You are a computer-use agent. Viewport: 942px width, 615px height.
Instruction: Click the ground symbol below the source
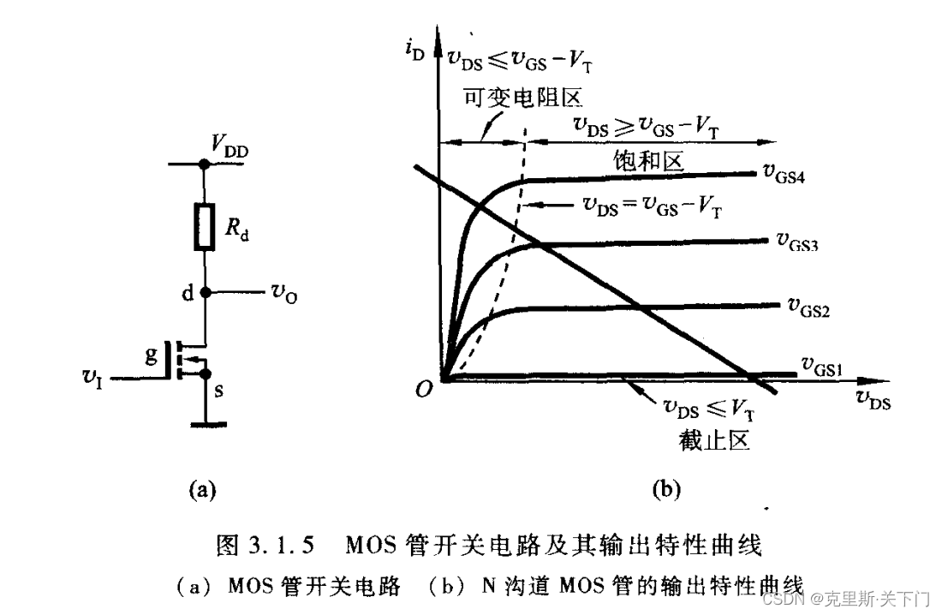tap(204, 422)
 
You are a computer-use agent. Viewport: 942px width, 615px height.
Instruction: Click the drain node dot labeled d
tap(205, 292)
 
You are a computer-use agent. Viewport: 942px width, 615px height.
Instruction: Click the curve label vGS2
tap(804, 306)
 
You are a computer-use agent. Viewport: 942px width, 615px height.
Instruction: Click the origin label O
tap(424, 391)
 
